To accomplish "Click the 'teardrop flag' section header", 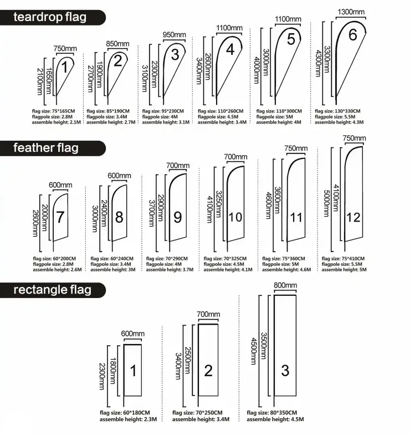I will (x=50, y=17).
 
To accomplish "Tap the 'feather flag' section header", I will (x=46, y=148).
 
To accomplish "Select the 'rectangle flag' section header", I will (x=52, y=289).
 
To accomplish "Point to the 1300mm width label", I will (x=351, y=12).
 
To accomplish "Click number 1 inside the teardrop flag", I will (x=64, y=68).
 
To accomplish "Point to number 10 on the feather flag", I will (x=235, y=217).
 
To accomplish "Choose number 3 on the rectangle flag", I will (x=285, y=370).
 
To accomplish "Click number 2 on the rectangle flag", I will (x=208, y=371).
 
